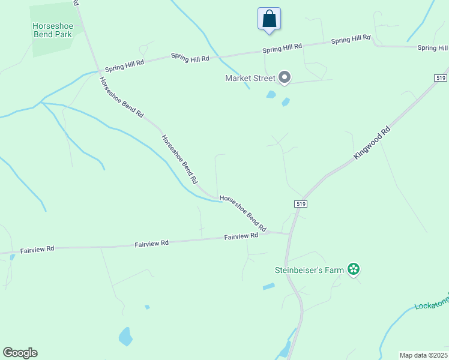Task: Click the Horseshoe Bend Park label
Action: point(53,30)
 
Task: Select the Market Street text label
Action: point(250,78)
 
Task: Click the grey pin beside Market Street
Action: point(285,77)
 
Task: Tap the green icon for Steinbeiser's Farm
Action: point(354,270)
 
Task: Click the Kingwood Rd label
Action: point(372,142)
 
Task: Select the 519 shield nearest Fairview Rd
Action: point(302,204)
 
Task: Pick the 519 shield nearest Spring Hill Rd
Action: point(439,78)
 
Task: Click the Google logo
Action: point(20,353)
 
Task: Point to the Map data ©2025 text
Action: point(423,355)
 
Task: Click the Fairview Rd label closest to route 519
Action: point(241,236)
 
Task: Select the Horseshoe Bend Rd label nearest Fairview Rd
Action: point(243,214)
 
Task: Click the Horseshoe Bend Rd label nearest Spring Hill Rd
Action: point(121,97)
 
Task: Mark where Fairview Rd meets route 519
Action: point(290,234)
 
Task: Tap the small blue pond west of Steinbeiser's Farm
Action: point(268,287)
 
